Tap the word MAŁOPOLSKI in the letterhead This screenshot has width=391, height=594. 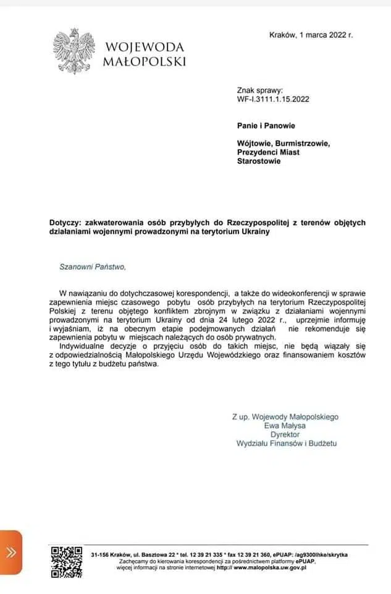144,61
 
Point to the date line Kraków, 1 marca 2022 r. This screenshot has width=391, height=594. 311,35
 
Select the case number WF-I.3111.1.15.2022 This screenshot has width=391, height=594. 273,98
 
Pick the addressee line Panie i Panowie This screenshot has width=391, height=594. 266,126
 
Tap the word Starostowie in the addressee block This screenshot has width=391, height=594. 259,161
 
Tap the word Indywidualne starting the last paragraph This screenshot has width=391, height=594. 83,347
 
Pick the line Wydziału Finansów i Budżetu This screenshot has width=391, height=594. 287,443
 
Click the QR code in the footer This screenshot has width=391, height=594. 66,561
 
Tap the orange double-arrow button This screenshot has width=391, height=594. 11,553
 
